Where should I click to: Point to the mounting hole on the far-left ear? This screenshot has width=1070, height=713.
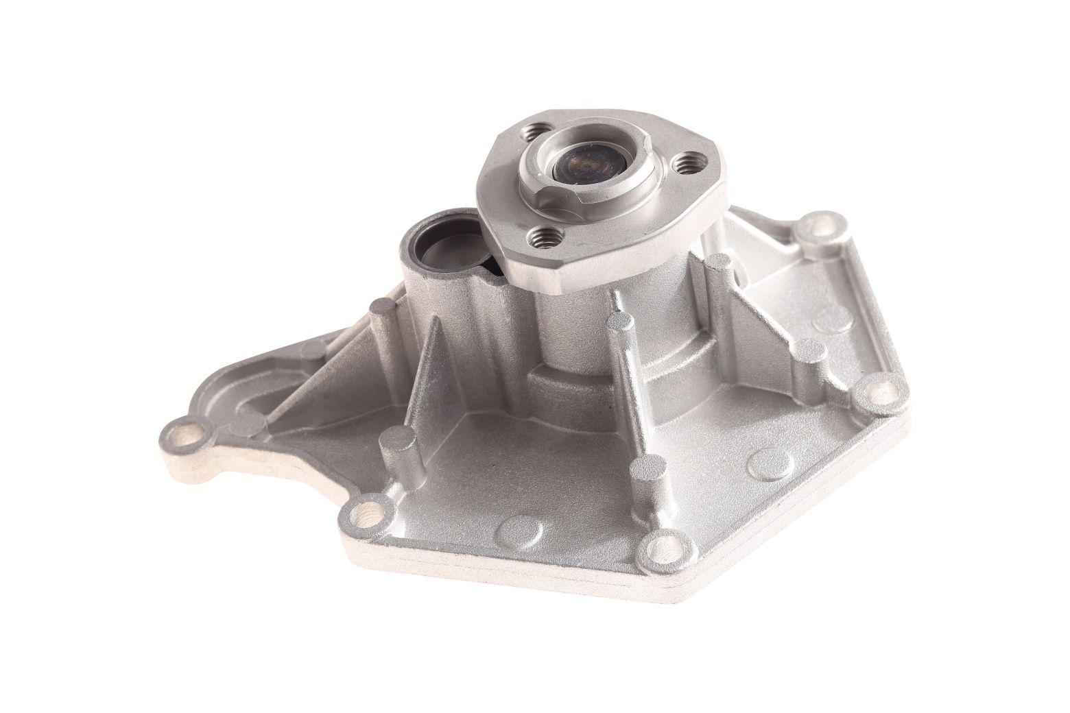click(x=183, y=433)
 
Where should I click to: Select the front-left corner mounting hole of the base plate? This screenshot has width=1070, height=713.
click(x=368, y=510)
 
